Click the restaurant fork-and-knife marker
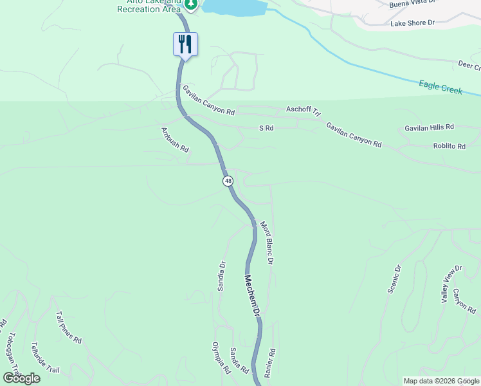point(185,44)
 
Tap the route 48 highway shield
point(228,181)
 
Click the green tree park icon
point(191,5)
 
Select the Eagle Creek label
point(440,87)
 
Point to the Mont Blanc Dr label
point(267,243)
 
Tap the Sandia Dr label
point(222,276)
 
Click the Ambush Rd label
point(175,140)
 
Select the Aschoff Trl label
point(303,111)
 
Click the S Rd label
point(266,129)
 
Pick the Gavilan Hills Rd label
point(429,127)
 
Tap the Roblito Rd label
point(448,147)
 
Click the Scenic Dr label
point(394,279)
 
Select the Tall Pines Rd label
point(69,327)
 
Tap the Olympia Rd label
point(221,358)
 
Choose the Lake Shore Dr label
point(412,23)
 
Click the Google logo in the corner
point(21,378)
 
